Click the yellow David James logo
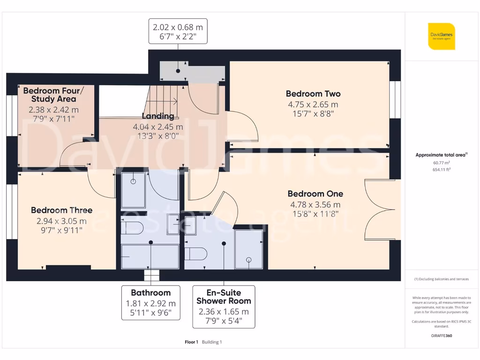[x=442, y=36]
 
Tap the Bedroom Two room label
[x=313, y=94]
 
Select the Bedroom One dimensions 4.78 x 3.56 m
[x=315, y=204]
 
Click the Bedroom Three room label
[x=61, y=210]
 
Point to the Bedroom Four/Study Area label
[x=53, y=95]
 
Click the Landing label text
[x=158, y=116]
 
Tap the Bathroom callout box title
[x=150, y=292]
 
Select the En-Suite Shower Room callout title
[x=224, y=297]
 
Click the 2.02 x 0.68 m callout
[x=178, y=31]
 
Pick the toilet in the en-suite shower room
[x=196, y=254]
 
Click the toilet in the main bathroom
[x=132, y=228]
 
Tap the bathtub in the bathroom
[x=150, y=256]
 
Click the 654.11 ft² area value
[x=442, y=170]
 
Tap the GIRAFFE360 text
[x=442, y=336]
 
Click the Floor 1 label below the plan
[x=191, y=342]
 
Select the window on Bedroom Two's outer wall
[x=395, y=99]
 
